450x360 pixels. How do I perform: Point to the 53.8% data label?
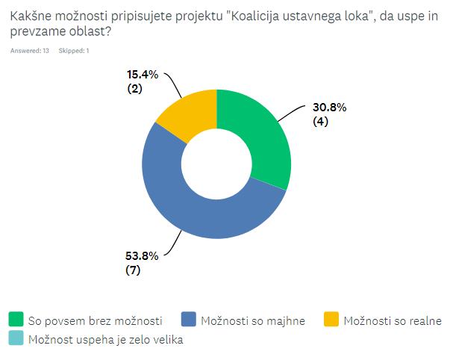click(x=141, y=255)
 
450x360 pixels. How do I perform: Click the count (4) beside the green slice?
click(x=322, y=122)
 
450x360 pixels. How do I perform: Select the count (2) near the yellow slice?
click(x=135, y=90)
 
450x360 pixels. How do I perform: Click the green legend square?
click(x=16, y=320)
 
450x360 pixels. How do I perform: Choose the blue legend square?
click(x=188, y=320)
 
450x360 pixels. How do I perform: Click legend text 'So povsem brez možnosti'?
click(x=95, y=321)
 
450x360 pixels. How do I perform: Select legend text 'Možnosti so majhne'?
click(x=253, y=321)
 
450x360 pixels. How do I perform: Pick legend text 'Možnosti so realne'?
click(x=393, y=321)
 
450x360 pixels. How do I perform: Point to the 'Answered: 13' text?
click(x=30, y=51)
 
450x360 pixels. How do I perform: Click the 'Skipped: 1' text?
click(x=75, y=51)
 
